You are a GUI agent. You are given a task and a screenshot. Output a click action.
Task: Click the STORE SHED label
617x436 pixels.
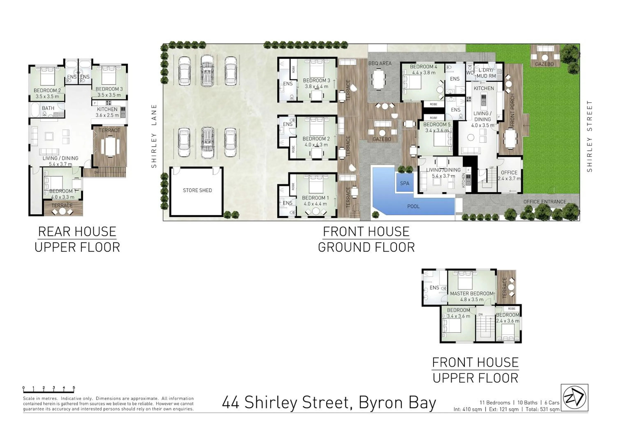point(197,190)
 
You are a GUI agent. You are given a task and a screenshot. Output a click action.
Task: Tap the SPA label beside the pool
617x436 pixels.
point(404,183)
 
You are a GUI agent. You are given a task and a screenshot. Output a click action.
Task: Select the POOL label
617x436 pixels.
point(413,206)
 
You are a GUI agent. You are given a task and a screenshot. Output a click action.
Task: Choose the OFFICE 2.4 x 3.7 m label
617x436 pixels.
point(509,175)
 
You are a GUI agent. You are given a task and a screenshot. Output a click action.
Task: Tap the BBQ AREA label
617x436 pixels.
point(380,63)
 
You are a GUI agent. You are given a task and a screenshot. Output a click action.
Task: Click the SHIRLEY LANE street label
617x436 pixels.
point(154,136)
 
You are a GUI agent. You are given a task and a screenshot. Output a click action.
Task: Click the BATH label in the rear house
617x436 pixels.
point(48,108)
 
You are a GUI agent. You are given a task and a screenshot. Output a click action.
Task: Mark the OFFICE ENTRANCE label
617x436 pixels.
point(544,202)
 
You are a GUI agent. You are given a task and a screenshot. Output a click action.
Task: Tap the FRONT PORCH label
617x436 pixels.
point(512,110)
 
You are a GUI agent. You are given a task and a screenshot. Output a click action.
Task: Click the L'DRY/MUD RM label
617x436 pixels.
point(486,73)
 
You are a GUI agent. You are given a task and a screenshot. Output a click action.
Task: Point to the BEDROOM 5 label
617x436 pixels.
point(437,124)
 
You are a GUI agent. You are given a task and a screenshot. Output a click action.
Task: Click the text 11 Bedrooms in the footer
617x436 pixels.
point(495,402)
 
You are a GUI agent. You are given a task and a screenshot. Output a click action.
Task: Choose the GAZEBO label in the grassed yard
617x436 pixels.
point(544,64)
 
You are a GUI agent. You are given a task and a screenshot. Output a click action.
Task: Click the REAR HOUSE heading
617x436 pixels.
point(77,232)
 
